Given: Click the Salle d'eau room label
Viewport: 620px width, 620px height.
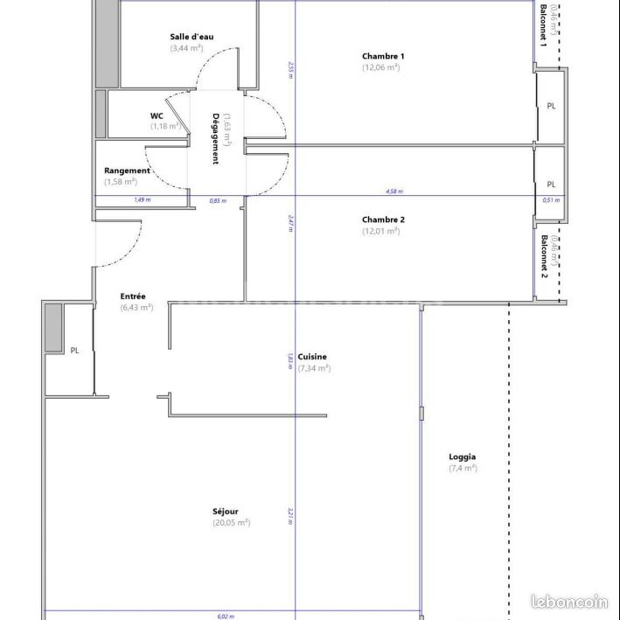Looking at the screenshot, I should coord(192,37).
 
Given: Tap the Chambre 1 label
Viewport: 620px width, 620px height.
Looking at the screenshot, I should coord(383,56).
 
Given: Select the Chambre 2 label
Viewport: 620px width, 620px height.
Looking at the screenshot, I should coord(383,219).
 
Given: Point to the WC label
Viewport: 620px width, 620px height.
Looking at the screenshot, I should coord(157,115).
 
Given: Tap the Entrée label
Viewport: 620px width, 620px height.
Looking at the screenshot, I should coord(133,296).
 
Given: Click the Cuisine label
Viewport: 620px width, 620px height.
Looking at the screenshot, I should coord(312,357).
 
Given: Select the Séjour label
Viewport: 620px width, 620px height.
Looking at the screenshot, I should coord(226,512).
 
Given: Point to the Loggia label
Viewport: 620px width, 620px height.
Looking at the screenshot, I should coord(463,456).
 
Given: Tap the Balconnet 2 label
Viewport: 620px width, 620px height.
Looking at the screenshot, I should coord(544,255).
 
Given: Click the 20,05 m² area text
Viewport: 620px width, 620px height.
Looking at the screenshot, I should coord(232,523).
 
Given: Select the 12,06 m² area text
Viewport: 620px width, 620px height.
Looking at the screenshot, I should coord(381,67).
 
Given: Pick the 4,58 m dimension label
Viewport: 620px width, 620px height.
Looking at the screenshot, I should coord(394,192).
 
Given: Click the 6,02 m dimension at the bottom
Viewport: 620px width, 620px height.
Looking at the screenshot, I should coord(226,616).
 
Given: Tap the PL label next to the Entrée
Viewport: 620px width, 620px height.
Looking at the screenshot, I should coord(74,350).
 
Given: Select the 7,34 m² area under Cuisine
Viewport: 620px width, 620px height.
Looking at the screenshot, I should coord(314,368).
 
